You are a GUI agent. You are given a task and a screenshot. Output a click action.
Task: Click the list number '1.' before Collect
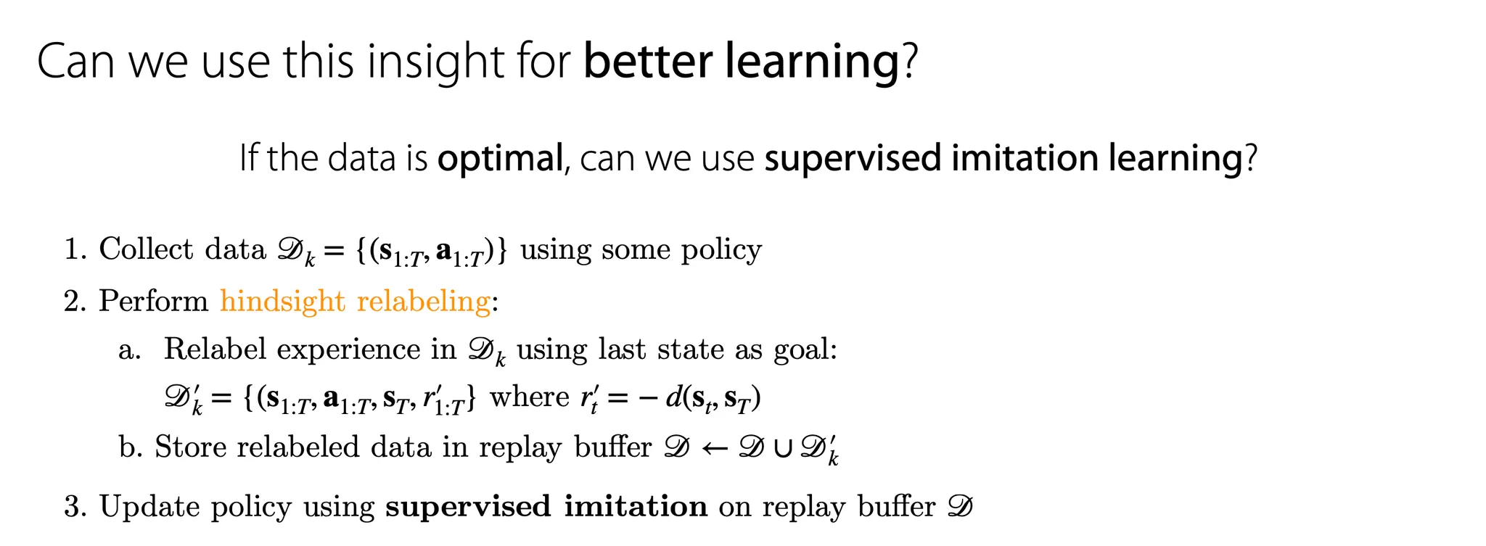coord(75,249)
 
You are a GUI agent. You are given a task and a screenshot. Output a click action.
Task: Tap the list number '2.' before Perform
coord(75,301)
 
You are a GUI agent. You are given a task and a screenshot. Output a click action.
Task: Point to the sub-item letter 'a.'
coord(129,351)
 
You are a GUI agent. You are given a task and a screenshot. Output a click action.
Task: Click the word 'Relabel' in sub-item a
coord(215,349)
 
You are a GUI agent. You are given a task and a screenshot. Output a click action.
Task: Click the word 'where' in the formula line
coord(530,397)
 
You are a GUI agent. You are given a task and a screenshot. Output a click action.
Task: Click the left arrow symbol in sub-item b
coord(715,449)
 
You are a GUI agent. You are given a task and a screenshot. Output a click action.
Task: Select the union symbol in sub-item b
coord(784,449)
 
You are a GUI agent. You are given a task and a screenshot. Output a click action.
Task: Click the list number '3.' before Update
coord(75,507)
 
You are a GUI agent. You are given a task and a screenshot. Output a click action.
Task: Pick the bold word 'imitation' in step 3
coord(636,506)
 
